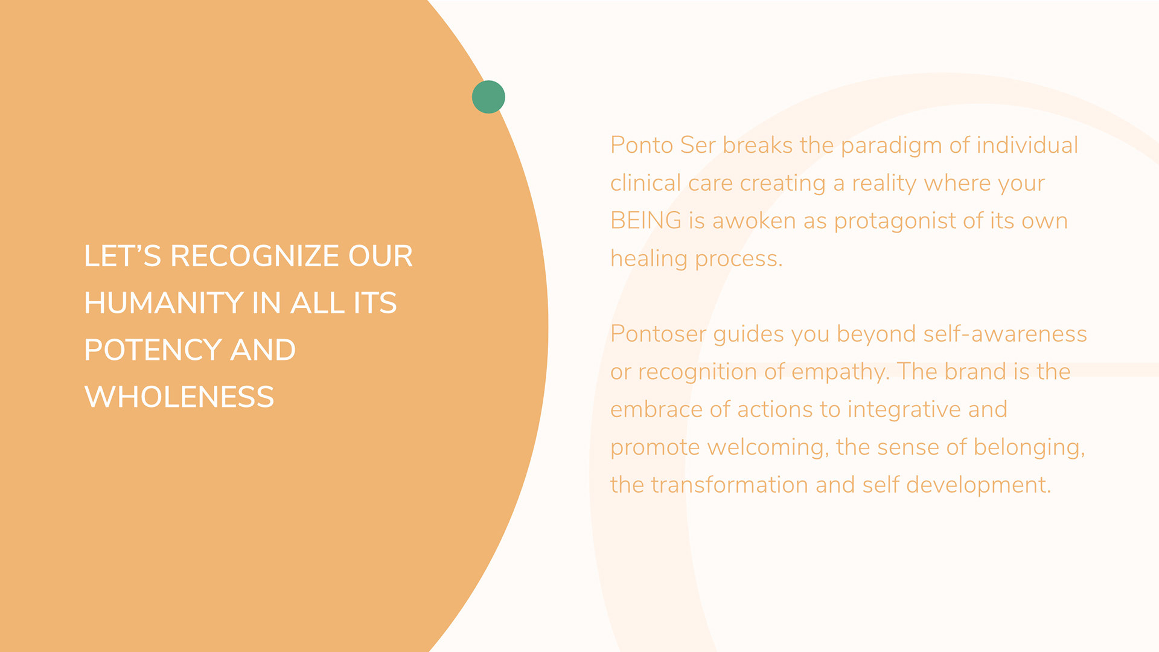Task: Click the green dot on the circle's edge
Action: click(488, 97)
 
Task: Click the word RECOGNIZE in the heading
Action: click(254, 256)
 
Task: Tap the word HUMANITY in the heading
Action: click(164, 303)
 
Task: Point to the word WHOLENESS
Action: click(179, 397)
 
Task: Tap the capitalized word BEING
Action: click(646, 221)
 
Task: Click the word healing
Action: click(649, 260)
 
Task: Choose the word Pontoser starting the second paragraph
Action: click(658, 334)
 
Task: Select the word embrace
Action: click(656, 409)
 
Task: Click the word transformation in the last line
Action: click(729, 485)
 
